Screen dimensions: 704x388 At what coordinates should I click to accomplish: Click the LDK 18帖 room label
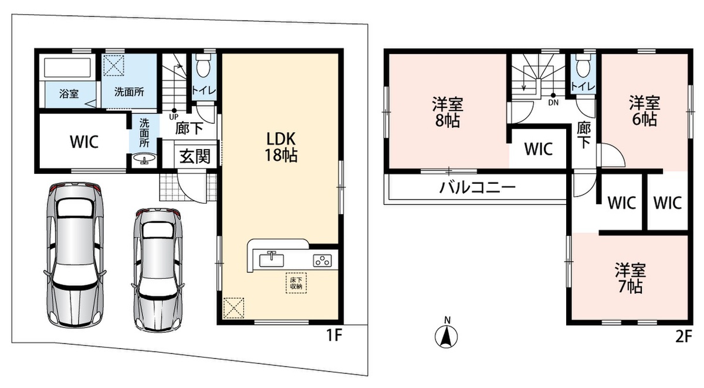coord(281,147)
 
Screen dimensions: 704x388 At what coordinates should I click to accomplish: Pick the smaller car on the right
coord(158,269)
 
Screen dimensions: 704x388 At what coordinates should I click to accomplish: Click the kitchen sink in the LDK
coord(272,259)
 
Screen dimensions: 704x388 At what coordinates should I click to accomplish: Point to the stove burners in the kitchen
coord(322,261)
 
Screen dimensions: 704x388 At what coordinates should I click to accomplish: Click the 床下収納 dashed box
coord(296,284)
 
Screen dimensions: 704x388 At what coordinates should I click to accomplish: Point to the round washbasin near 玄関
coord(144,158)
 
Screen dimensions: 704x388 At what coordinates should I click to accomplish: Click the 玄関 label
coord(195,156)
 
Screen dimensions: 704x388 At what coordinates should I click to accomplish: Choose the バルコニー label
coord(477,188)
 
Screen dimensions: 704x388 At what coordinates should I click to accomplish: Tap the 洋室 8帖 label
coord(448,112)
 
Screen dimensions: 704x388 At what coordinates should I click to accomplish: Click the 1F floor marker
coord(334,335)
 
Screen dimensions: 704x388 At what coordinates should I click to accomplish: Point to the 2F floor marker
coord(683,337)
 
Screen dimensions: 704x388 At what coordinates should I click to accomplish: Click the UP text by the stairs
coord(174,117)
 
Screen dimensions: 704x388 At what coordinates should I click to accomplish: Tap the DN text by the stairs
coord(553,103)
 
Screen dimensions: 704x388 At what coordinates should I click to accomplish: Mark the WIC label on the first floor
coord(84,141)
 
